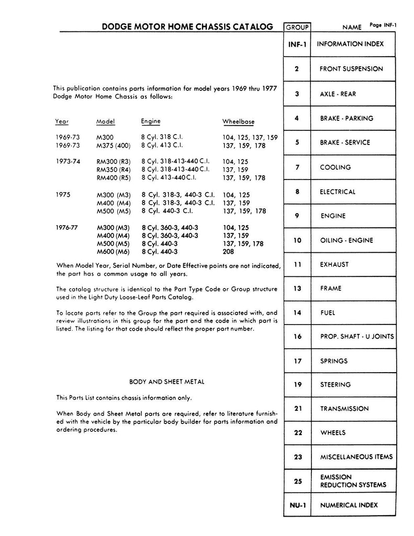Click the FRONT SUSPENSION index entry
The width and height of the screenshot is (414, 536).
351,69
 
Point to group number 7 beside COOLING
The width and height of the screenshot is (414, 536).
297,167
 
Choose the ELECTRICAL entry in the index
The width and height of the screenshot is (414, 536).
338,192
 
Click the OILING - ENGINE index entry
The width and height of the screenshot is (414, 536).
346,240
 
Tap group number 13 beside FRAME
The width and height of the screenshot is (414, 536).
297,288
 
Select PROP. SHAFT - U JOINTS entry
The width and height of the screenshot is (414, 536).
357,337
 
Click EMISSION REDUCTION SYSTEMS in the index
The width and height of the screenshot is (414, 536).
353,481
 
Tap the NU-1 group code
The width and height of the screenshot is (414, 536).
297,505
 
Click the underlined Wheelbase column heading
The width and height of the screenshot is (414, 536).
238,122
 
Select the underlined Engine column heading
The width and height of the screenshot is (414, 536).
151,121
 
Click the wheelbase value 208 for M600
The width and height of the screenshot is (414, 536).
228,251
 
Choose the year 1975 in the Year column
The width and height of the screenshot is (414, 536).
63,194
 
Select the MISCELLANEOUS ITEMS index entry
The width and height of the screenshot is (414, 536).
356,457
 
